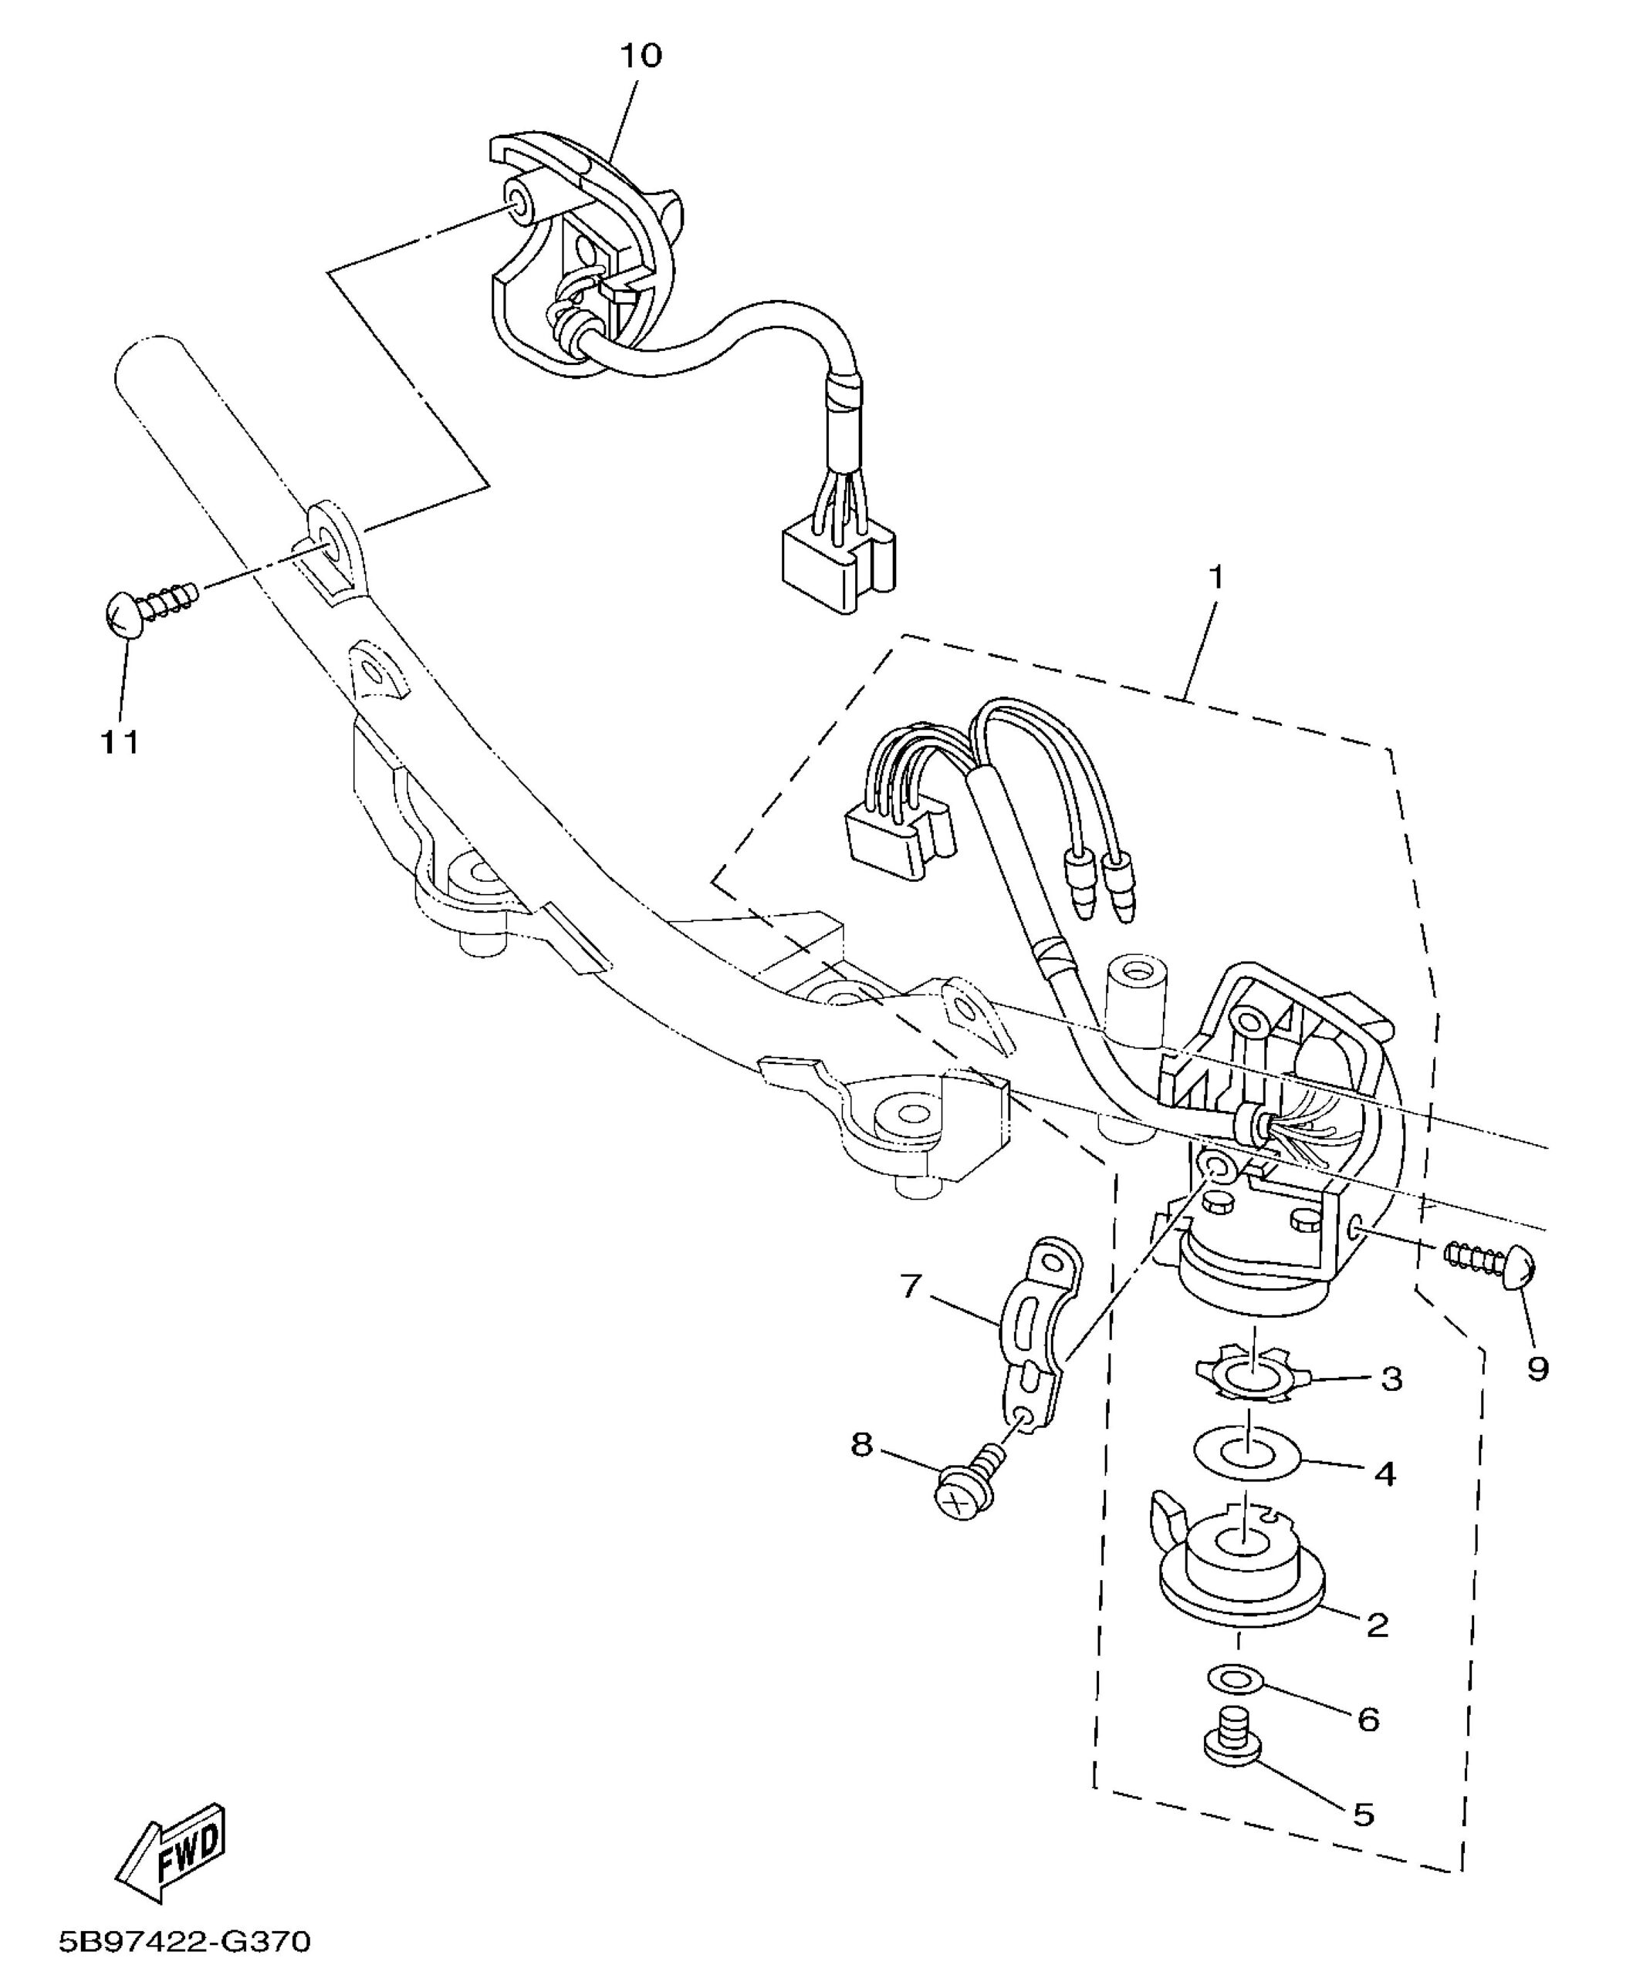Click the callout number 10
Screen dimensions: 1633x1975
point(640,56)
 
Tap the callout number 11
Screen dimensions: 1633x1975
point(120,742)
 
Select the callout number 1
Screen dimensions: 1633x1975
point(1216,576)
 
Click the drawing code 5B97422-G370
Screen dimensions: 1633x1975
point(184,1940)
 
